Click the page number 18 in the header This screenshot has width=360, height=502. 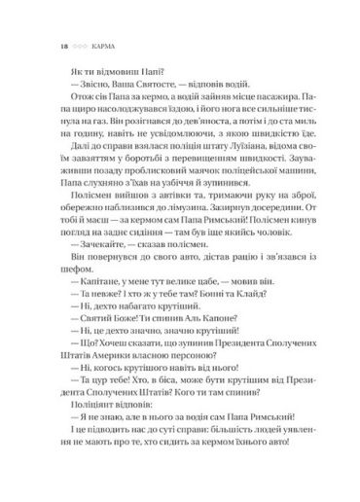pos(38,44)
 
